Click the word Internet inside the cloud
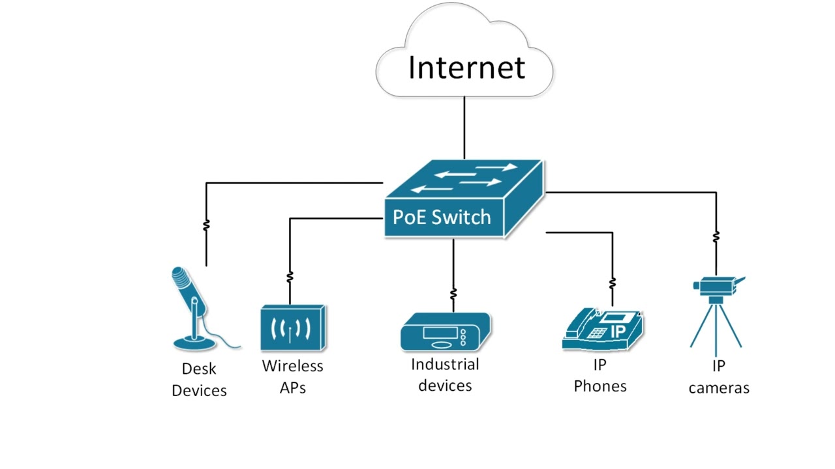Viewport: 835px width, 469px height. [x=466, y=68]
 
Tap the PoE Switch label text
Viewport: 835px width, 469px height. [x=441, y=217]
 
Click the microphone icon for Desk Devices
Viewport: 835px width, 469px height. [x=193, y=306]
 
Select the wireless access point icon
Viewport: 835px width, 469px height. [x=292, y=328]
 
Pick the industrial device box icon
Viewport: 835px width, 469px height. [x=445, y=333]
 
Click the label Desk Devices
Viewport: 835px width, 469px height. [x=199, y=380]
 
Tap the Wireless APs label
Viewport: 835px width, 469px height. [x=292, y=376]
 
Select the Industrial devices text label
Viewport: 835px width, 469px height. [x=445, y=375]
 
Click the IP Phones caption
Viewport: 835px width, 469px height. [x=600, y=376]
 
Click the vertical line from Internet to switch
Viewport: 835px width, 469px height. [x=464, y=127]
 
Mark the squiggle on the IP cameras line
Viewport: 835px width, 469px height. [x=716, y=236]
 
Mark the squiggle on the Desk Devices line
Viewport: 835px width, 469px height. [x=206, y=225]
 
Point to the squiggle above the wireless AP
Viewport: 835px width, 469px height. [x=290, y=277]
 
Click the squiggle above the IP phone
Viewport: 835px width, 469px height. [x=612, y=283]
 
